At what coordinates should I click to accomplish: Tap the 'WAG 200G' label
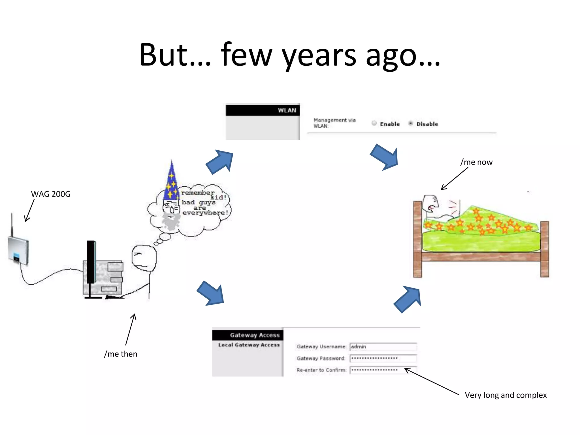point(51,194)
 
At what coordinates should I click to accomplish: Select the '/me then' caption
point(121,354)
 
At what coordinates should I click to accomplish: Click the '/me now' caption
point(476,162)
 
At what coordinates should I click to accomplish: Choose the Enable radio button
point(374,123)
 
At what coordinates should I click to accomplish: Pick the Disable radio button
point(411,123)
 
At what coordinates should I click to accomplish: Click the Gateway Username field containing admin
point(383,347)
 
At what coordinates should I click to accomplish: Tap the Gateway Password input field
point(383,359)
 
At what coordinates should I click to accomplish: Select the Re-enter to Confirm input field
point(383,370)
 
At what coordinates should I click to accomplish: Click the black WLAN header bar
point(263,110)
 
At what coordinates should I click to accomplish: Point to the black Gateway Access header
point(248,335)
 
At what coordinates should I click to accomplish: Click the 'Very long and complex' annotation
point(506,395)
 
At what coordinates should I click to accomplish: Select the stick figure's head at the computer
point(144,258)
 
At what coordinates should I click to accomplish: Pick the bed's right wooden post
point(545,249)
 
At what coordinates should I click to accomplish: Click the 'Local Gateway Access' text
point(249,345)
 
